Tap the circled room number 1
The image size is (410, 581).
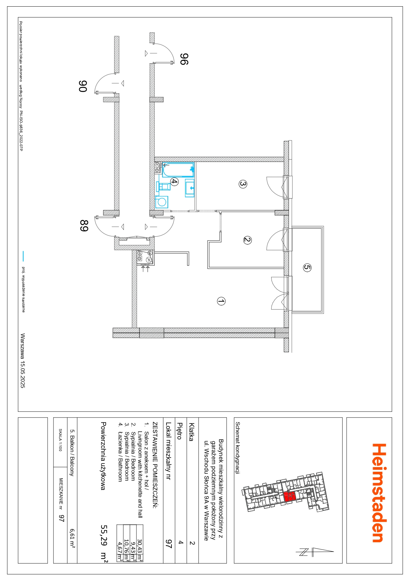pyautogui.click(x=221, y=301)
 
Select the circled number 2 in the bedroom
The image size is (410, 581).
pyautogui.click(x=247, y=240)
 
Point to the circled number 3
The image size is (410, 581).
pyautogui.click(x=243, y=184)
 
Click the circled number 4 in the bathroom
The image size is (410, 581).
pyautogui.click(x=174, y=181)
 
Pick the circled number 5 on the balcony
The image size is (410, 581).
pyautogui.click(x=307, y=267)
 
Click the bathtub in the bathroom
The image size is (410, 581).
pyautogui.click(x=177, y=170)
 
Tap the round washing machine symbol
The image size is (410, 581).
pyautogui.click(x=162, y=202)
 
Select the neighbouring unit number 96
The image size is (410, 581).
pyautogui.click(x=184, y=59)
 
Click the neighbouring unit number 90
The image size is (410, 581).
pyautogui.click(x=83, y=86)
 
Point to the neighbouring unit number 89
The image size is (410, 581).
pyautogui.click(x=84, y=226)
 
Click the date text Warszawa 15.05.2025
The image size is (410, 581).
pyautogui.click(x=22, y=361)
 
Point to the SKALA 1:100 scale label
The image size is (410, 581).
pyautogui.click(x=60, y=440)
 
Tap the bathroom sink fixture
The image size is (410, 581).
pyautogui.click(x=190, y=188)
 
